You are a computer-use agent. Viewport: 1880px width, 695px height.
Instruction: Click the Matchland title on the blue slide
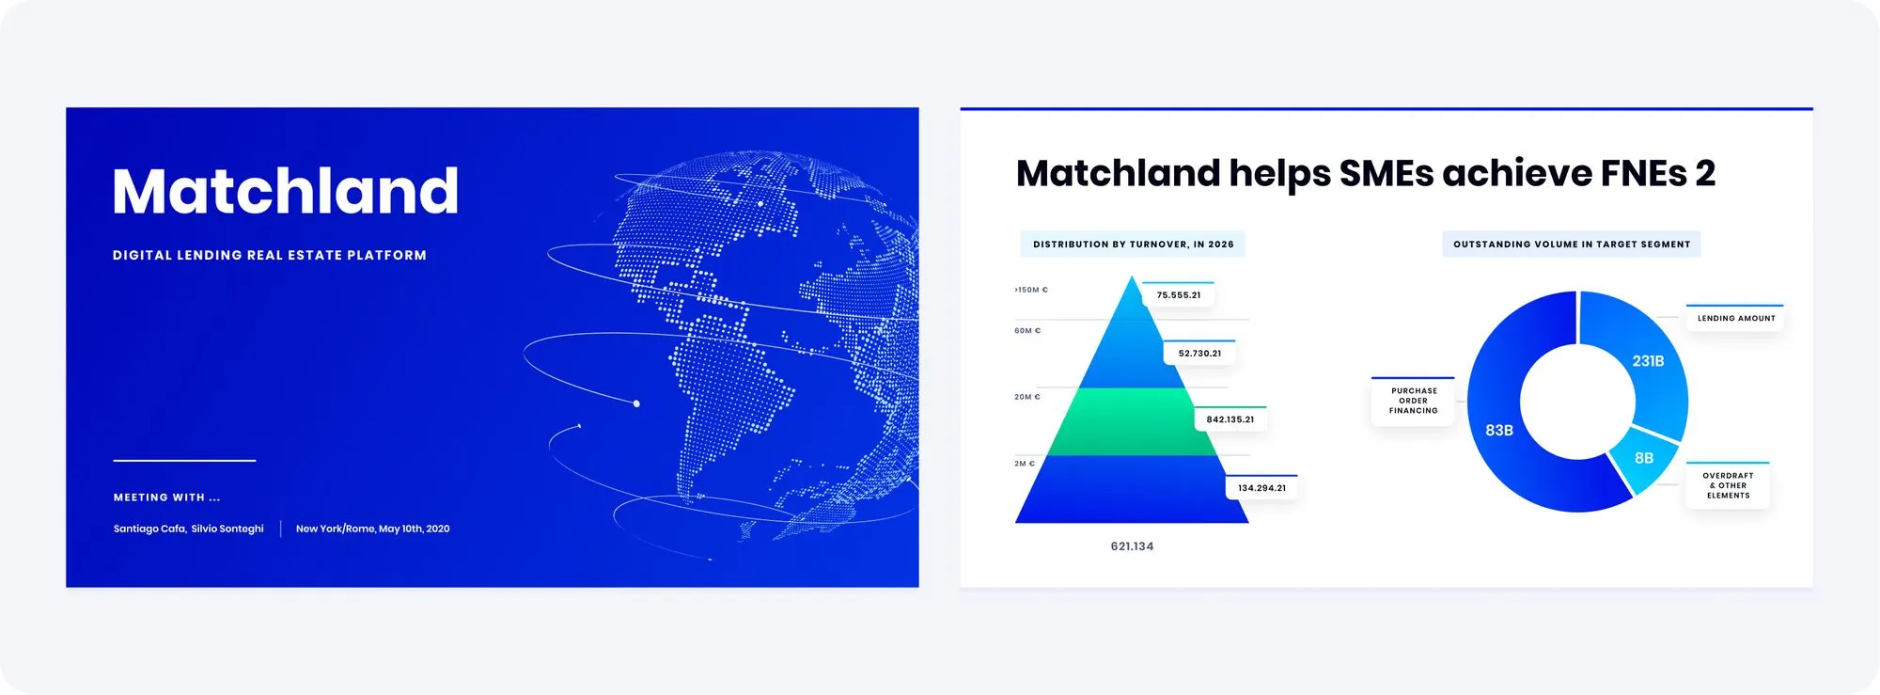tap(286, 192)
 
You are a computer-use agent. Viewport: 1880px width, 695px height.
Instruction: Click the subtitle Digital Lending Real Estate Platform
tap(270, 255)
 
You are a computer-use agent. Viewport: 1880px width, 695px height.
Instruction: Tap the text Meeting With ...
tap(167, 498)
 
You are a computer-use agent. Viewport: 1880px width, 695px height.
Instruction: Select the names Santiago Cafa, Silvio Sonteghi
tap(189, 529)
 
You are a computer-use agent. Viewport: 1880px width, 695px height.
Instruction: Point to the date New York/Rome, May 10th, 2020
tap(373, 529)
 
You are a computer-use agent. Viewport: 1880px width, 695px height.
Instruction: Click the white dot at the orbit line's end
tap(636, 403)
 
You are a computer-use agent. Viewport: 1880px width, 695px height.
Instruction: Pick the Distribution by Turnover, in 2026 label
tap(1133, 245)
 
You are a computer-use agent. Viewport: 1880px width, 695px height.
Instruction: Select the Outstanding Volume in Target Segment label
tap(1572, 245)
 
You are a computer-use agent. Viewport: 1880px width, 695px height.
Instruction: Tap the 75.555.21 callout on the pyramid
tap(1179, 295)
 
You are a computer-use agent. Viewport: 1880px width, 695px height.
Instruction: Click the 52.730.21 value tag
tap(1199, 354)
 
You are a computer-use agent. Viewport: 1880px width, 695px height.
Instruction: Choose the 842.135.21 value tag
tap(1230, 419)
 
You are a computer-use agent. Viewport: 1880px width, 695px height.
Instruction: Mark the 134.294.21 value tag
tap(1261, 488)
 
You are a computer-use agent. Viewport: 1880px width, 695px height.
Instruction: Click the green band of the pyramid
tap(1133, 422)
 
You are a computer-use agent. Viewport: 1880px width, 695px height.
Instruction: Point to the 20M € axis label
tap(1027, 397)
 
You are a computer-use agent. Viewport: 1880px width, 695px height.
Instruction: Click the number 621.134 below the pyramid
tap(1132, 546)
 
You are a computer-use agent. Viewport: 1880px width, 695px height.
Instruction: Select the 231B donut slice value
tap(1648, 361)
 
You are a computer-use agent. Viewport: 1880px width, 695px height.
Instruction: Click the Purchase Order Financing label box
tap(1413, 402)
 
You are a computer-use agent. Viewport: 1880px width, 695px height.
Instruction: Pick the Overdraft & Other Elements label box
tap(1728, 485)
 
